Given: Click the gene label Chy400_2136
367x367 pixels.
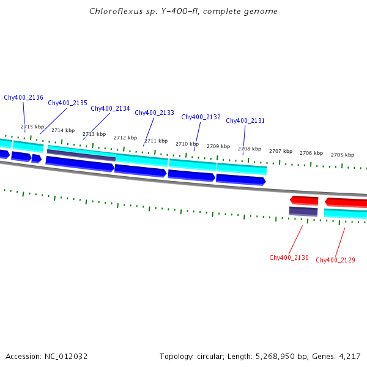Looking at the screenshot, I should [x=23, y=97].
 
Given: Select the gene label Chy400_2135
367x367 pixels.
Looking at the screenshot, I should [x=67, y=103].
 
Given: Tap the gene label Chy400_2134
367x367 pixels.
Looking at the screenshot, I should [x=110, y=108].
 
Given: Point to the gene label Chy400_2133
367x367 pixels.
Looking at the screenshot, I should [x=154, y=113].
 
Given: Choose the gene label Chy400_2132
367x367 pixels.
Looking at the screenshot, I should [x=201, y=117].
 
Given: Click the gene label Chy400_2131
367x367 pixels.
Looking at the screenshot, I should [x=245, y=120].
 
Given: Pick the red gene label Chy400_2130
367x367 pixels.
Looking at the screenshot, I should [x=289, y=258].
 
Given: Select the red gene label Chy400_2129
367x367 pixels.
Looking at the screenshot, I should [x=335, y=260].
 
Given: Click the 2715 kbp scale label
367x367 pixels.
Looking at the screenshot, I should [x=32, y=127].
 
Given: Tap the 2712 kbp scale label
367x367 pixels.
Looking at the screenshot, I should [x=125, y=138].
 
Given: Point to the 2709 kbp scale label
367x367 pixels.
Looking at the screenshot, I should [x=218, y=146].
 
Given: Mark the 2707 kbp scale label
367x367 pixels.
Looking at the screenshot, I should [x=280, y=151].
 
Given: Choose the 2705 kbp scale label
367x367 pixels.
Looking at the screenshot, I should [x=342, y=155].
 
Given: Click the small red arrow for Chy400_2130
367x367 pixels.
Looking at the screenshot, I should [x=304, y=200].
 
